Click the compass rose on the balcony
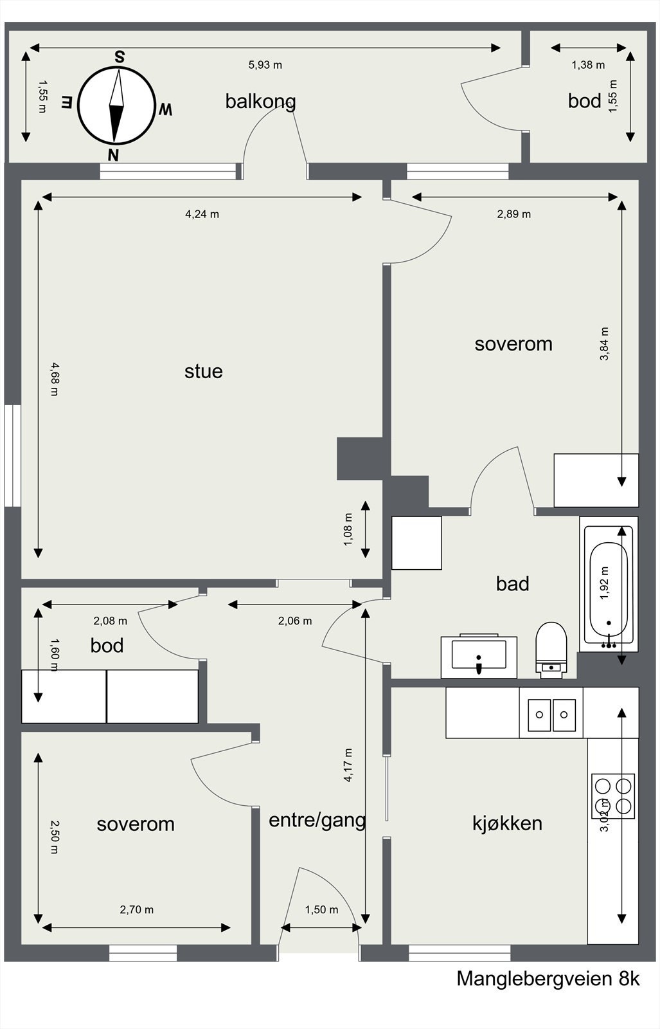tap(115, 105)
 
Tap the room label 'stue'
tap(203, 371)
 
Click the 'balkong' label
tap(260, 102)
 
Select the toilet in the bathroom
tap(551, 650)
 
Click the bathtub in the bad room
tap(609, 584)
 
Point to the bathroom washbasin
tap(479, 656)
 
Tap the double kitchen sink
tap(551, 715)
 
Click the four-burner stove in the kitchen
tap(613, 796)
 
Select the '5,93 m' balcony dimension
tap(265, 65)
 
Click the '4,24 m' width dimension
tap(202, 214)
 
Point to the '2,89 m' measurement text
tap(513, 214)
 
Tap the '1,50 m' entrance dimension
tap(321, 909)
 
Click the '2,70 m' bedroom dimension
tap(137, 909)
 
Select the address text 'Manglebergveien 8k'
tap(548, 979)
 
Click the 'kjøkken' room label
tap(507, 823)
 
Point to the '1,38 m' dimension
tap(588, 65)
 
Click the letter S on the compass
tap(120, 57)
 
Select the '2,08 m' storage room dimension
tap(110, 621)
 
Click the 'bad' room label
tap(513, 584)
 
